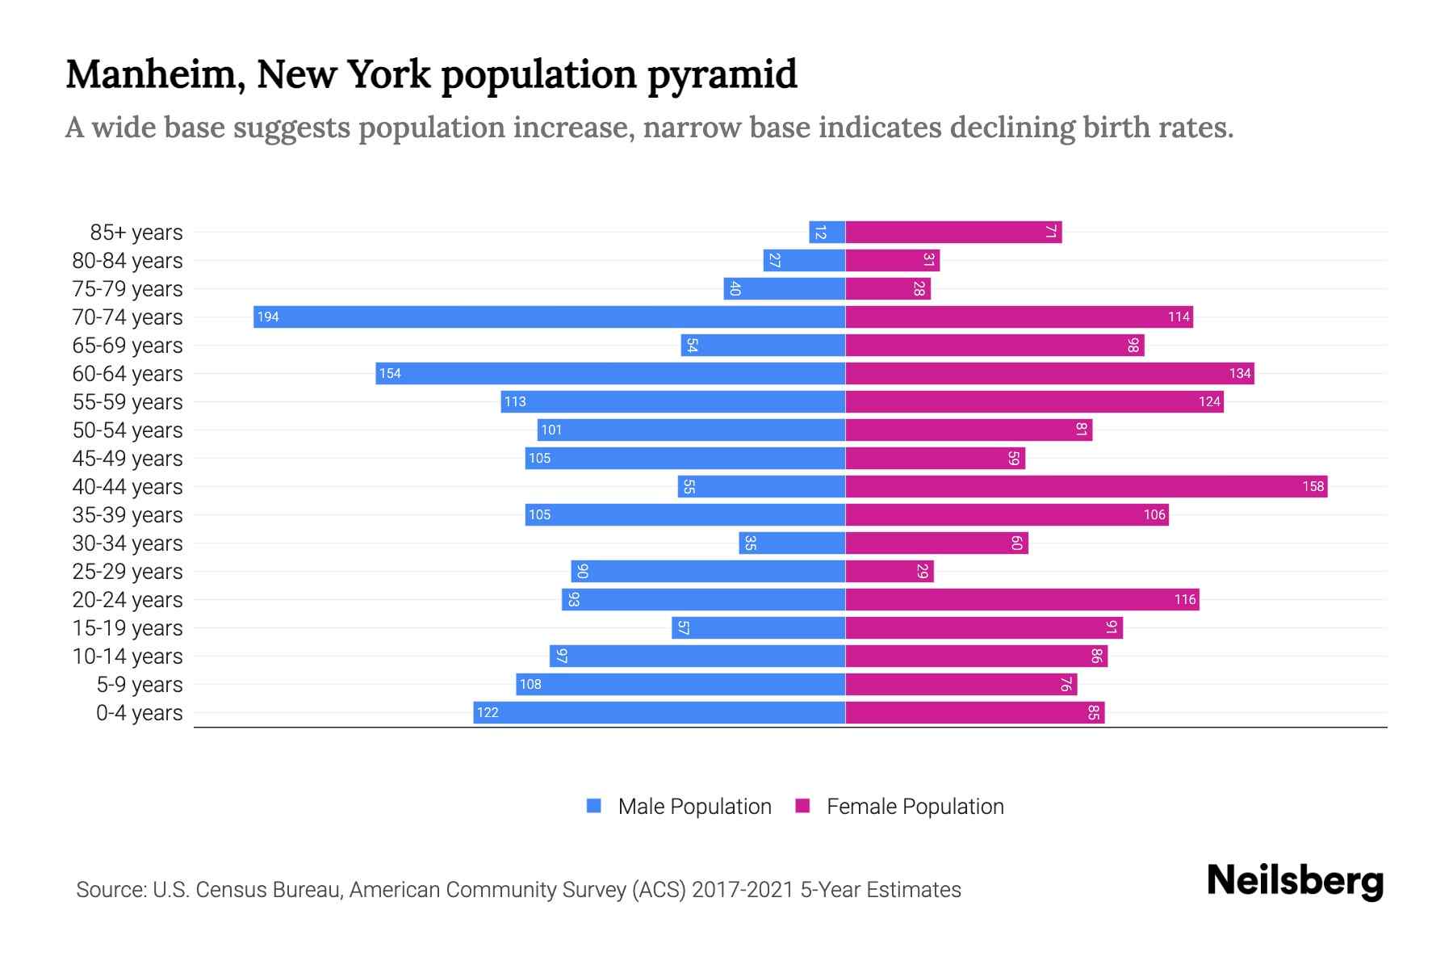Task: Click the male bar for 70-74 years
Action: (x=549, y=317)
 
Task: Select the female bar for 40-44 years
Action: (x=1086, y=486)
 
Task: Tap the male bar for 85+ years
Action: (x=827, y=232)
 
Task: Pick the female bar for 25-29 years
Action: (x=889, y=571)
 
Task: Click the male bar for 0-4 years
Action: (x=659, y=712)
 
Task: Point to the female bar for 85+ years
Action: (x=953, y=232)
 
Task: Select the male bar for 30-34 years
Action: (x=792, y=543)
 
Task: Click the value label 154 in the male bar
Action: (x=390, y=373)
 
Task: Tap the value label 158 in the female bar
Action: (x=1313, y=486)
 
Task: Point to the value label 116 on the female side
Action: (x=1184, y=599)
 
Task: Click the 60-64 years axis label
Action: (x=128, y=374)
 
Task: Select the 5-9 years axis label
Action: (x=140, y=685)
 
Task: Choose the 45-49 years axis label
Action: (x=128, y=459)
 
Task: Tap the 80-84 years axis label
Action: (x=128, y=261)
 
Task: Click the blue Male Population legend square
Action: (x=594, y=806)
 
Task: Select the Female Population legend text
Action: (x=915, y=807)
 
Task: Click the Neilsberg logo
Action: (x=1295, y=881)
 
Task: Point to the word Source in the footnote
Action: (x=110, y=890)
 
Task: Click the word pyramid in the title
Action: (x=722, y=76)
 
